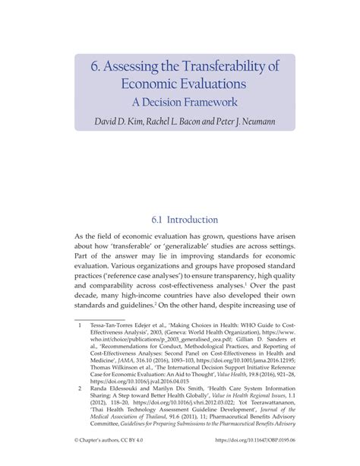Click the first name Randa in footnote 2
click(x=103, y=400)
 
